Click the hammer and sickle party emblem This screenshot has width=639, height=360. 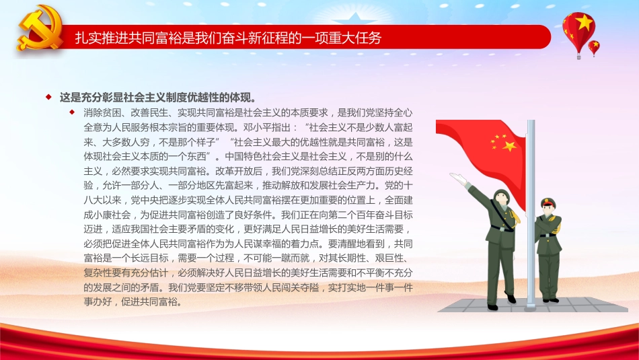pos(38,29)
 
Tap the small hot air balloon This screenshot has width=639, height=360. pos(594,46)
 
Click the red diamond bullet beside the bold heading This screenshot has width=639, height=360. pos(48,97)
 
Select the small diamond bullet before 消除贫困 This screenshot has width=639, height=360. pos(73,112)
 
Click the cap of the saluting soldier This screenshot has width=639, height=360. pos(500,194)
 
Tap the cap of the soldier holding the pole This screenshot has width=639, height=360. pos(546,201)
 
